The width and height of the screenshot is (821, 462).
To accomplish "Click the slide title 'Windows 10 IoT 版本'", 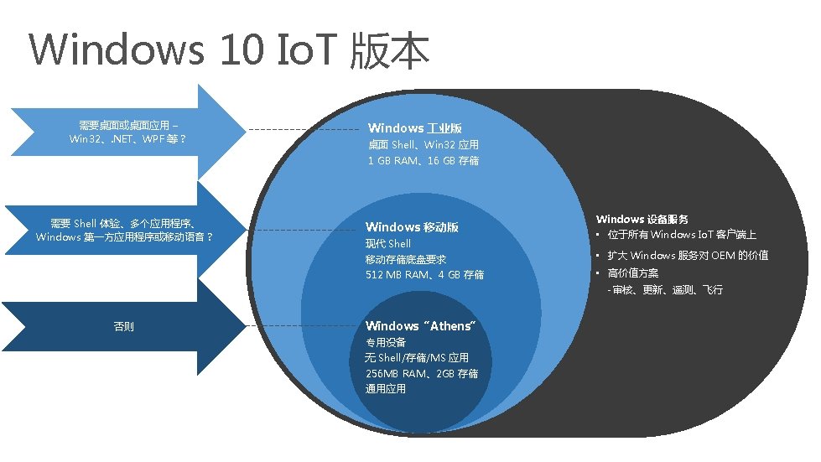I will click(229, 49).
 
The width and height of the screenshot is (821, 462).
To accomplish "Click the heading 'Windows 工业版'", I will click(415, 128).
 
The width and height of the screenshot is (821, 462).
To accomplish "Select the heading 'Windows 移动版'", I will click(412, 227).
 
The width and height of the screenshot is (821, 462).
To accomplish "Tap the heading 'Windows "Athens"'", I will click(420, 326).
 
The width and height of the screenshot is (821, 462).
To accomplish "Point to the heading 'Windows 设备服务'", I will click(642, 220).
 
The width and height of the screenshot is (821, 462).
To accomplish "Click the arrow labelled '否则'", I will click(123, 326).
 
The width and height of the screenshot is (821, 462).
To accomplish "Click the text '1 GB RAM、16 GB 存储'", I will click(423, 160).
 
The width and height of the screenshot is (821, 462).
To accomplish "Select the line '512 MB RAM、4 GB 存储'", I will click(424, 275).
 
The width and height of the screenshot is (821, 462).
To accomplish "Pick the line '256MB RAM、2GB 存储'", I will click(422, 373).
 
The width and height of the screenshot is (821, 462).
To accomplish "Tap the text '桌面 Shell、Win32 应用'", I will click(423, 144).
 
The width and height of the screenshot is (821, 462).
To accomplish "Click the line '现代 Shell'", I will click(388, 244).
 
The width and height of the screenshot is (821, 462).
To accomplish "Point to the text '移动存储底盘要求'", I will click(406, 259).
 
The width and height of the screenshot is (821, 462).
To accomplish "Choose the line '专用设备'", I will click(386, 342).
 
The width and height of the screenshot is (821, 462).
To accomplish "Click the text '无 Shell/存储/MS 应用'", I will click(417, 358).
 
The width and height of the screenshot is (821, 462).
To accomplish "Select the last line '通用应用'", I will click(386, 389).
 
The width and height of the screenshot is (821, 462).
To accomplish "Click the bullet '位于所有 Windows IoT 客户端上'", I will click(682, 236).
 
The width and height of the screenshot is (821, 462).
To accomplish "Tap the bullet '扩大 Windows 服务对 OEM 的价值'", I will click(688, 256).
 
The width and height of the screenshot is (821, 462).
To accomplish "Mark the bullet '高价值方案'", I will click(633, 273).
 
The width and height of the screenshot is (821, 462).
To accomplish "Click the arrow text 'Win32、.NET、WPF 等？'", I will click(127, 138).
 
